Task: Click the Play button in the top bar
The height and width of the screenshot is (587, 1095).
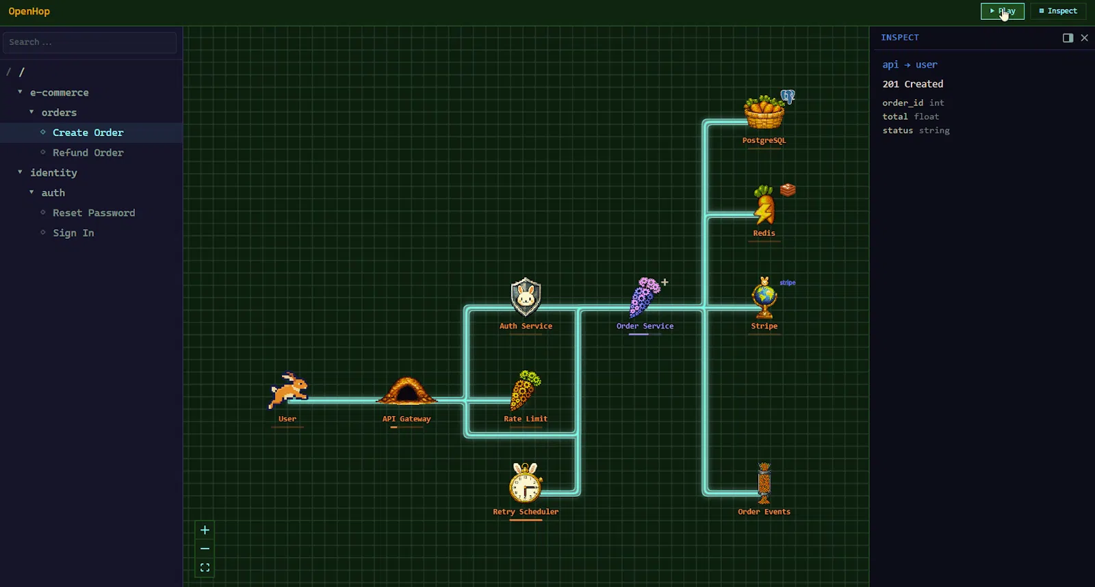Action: point(1002,11)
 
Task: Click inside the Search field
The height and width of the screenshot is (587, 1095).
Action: point(90,42)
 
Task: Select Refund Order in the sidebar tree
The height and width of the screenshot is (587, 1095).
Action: point(88,153)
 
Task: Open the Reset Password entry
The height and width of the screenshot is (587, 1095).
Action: point(94,213)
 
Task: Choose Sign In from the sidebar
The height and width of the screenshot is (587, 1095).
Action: point(73,233)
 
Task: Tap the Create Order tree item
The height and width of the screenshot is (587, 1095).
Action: point(88,133)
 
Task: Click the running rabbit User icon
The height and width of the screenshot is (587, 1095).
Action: point(288,390)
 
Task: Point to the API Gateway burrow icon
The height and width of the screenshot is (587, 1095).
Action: point(407,391)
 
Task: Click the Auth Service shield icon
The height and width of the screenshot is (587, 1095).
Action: point(526,297)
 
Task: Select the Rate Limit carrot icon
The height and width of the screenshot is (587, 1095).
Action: point(525,390)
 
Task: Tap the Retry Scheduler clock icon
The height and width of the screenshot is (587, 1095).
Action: point(526,483)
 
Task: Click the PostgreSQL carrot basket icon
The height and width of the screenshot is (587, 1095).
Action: point(764,112)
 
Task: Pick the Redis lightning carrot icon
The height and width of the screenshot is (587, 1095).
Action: point(764,205)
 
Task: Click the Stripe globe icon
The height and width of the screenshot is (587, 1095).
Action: point(764,298)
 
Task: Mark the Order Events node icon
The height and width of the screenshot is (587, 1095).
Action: point(764,483)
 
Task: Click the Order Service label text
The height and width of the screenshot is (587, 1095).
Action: point(645,326)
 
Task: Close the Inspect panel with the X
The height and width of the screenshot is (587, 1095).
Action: point(1084,38)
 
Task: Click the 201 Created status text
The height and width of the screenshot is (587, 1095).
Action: point(913,84)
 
